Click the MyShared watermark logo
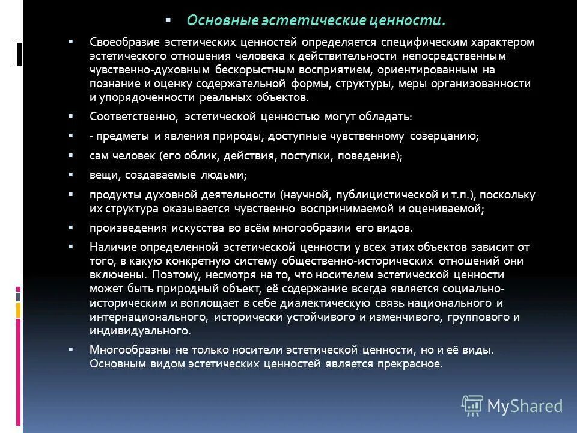512,405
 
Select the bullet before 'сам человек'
71,155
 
